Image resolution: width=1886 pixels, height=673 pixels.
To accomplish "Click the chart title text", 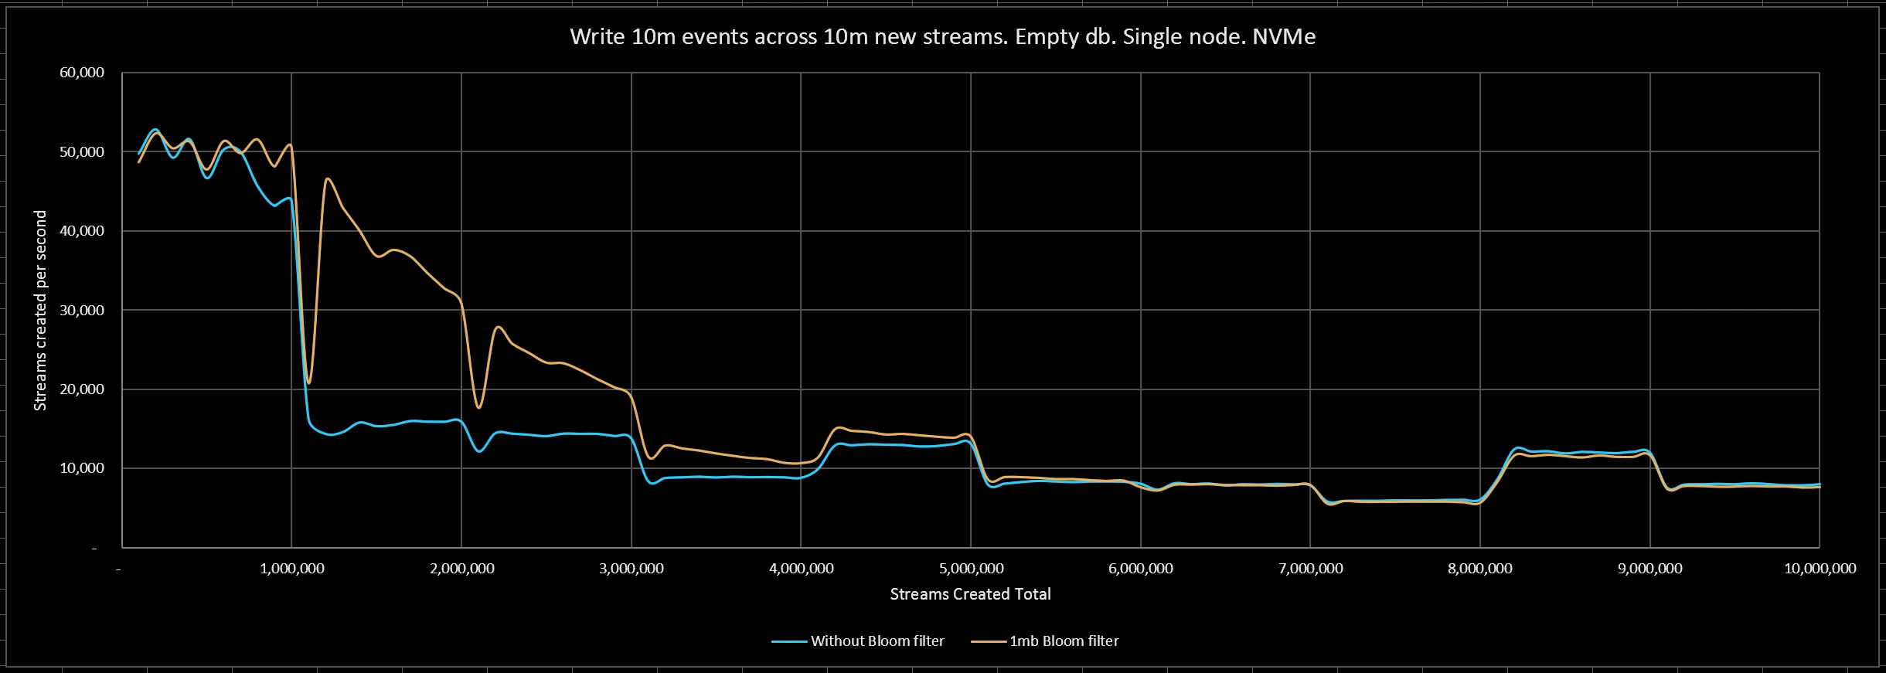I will coord(942,37).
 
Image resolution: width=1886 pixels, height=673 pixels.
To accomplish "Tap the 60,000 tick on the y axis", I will coord(82,73).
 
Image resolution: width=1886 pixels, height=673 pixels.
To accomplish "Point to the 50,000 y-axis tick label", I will coord(82,152).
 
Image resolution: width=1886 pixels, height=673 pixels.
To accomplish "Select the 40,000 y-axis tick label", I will coord(82,231).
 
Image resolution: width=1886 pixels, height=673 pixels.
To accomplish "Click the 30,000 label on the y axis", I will coord(82,310).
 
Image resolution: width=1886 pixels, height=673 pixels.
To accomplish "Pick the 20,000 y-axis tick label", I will coord(82,389).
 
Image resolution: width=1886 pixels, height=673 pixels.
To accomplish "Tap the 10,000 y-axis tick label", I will coord(82,468).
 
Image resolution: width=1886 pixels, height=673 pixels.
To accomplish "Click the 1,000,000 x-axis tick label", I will coord(292,569).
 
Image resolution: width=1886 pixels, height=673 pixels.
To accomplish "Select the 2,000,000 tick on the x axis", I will coord(462,569).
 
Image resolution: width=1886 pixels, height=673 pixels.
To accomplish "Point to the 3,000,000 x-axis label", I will coord(632,569).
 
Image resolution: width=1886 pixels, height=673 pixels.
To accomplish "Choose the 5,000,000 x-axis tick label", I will coord(971,569).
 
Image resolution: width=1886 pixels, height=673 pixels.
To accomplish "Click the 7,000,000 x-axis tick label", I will coord(1311,569).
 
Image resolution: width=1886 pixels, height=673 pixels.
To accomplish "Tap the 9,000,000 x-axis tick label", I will coord(1650,569).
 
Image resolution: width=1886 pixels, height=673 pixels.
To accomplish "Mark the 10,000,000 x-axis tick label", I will coord(1820,569).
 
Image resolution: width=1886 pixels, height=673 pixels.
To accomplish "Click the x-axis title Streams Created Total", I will coord(970,594).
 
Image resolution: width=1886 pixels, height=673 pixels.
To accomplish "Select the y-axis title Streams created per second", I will coord(40,310).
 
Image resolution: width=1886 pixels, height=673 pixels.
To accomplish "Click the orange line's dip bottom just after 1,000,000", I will coord(309,382).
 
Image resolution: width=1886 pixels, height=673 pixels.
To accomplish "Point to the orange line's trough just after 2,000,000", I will coord(479,407).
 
